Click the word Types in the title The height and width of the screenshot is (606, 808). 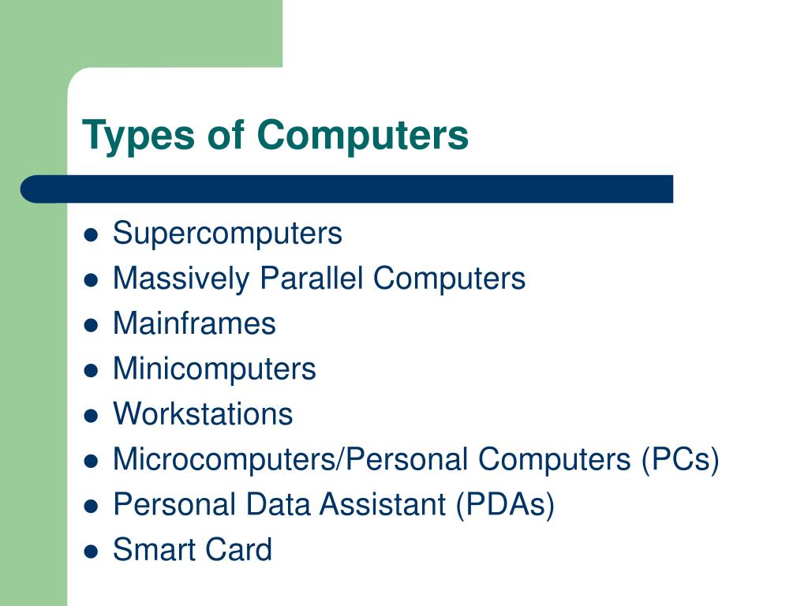[x=139, y=135]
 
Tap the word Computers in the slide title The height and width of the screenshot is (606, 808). [x=362, y=135]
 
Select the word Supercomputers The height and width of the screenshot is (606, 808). [x=227, y=234]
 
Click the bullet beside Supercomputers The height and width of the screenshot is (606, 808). [x=92, y=235]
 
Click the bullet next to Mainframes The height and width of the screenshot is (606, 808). [x=92, y=325]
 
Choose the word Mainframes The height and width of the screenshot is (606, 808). [x=194, y=324]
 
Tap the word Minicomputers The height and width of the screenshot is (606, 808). [x=214, y=368]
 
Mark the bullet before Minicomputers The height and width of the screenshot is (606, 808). [x=92, y=370]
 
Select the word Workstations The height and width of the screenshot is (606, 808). [x=203, y=413]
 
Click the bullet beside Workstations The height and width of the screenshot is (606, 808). [x=92, y=415]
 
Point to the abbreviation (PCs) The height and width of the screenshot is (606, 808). [x=679, y=459]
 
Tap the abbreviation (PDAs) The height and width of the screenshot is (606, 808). [x=504, y=504]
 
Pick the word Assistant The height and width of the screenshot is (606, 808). [x=382, y=504]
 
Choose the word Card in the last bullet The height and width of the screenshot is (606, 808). [x=238, y=549]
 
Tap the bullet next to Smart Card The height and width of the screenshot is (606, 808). [x=92, y=551]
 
